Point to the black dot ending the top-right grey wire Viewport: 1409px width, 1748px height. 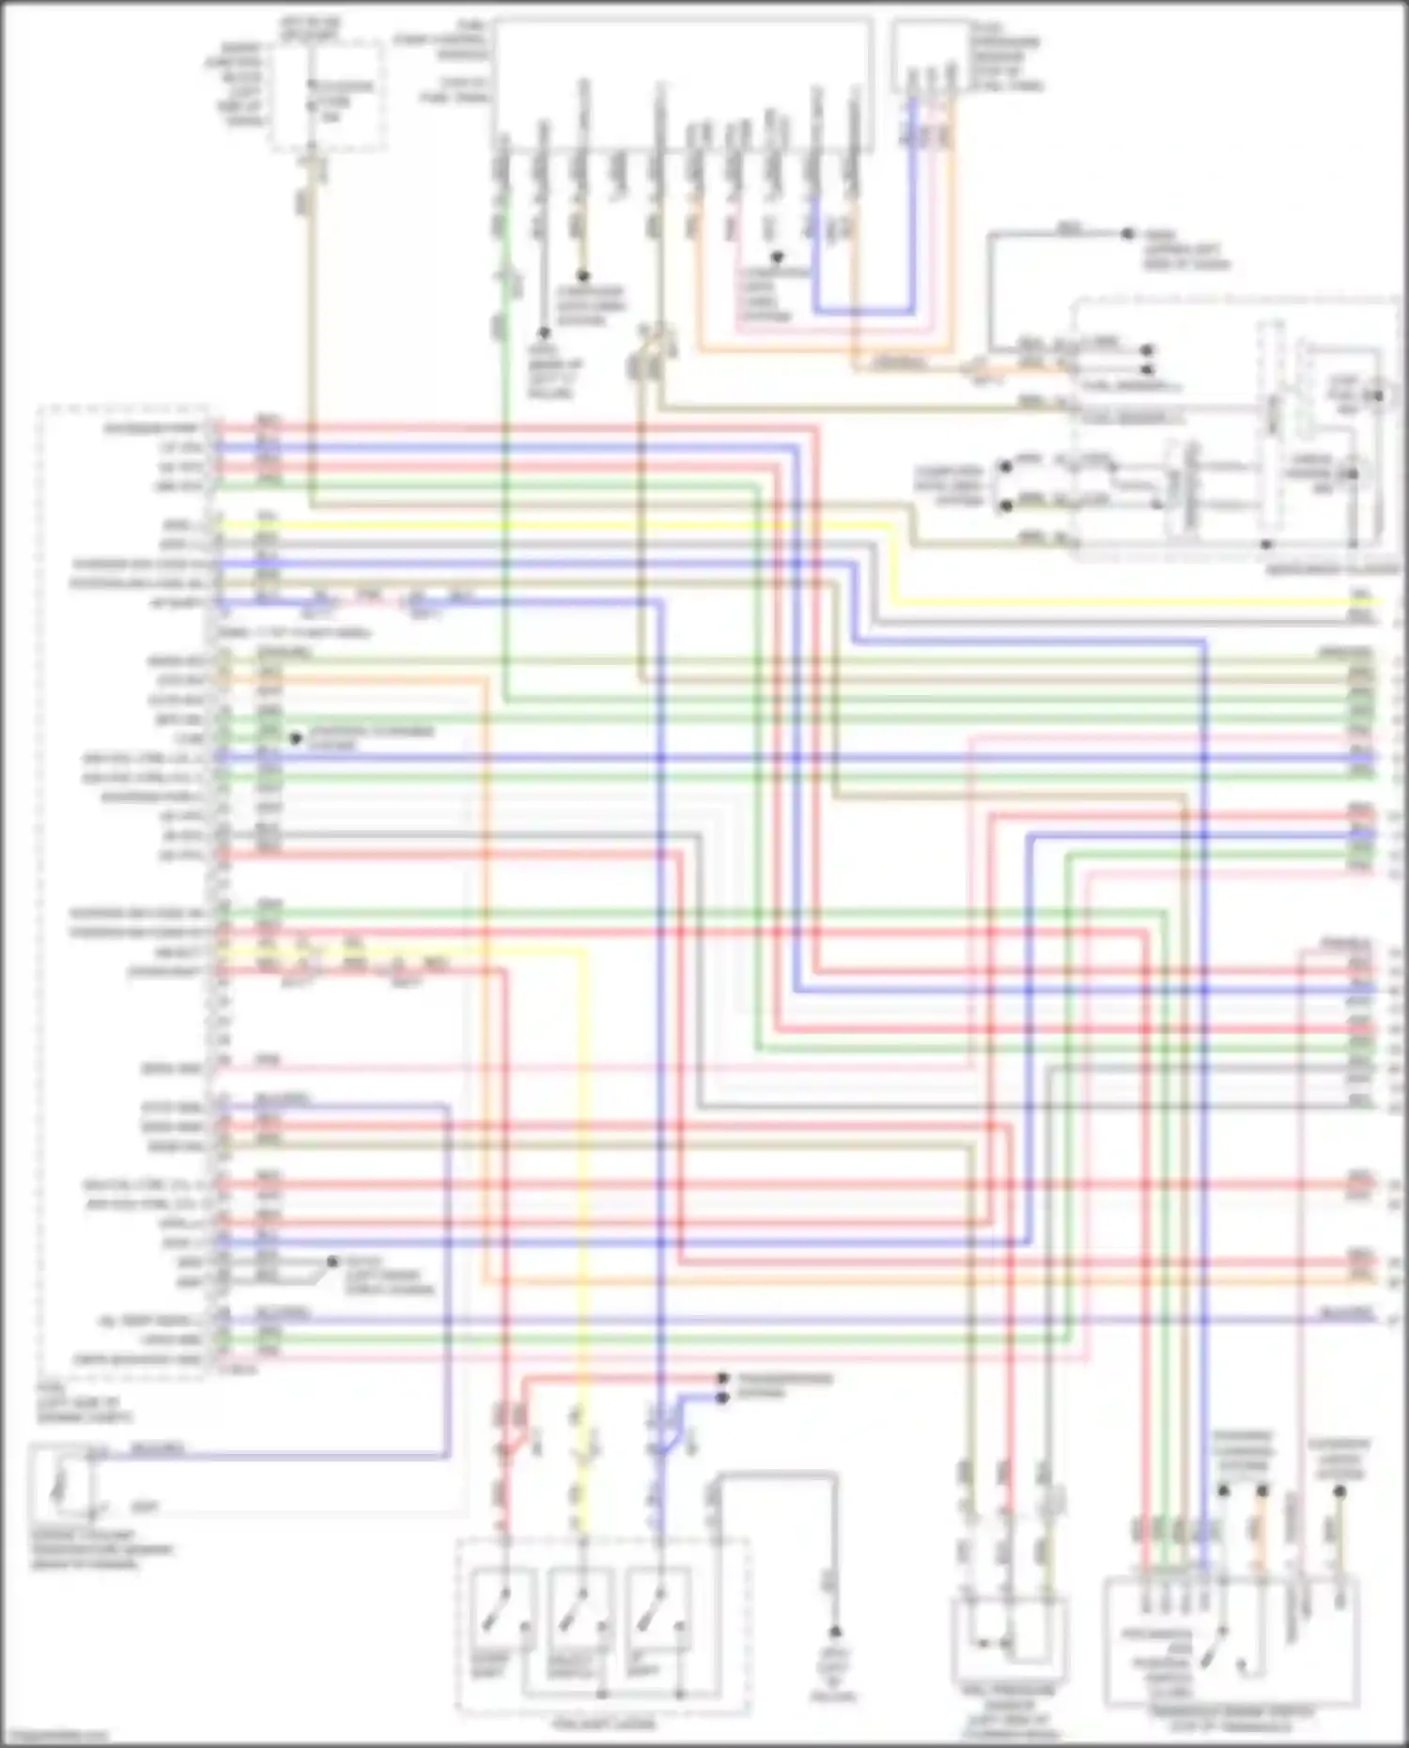[1127, 234]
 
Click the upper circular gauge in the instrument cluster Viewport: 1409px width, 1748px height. [1377, 395]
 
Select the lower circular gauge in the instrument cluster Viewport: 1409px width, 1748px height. [1353, 474]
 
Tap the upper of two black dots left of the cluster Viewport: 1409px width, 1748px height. [1006, 466]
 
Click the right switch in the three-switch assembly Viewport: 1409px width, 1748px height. [648, 1607]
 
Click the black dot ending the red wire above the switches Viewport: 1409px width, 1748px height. [722, 1379]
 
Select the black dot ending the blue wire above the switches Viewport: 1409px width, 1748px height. [722, 1398]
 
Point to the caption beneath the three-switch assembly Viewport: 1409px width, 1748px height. [602, 1724]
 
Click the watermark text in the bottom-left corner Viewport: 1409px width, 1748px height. [56, 1737]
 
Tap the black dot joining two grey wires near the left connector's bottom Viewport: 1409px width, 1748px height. [332, 1261]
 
